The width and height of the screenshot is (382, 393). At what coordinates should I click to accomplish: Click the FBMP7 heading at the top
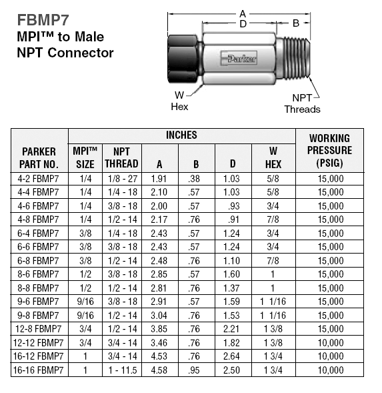43,20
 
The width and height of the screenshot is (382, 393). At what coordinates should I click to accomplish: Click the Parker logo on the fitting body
239,59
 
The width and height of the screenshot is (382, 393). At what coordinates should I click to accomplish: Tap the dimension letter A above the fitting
243,13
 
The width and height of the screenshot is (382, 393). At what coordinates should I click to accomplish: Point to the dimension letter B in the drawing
296,23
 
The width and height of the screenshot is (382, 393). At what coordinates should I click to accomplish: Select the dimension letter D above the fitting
243,24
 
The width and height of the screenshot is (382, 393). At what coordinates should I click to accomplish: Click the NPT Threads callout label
302,103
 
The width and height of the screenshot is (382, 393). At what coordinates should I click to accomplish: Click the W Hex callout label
179,101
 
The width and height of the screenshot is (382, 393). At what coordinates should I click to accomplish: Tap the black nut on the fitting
183,59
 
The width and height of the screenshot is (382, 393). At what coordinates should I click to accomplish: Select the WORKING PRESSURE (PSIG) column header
329,150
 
